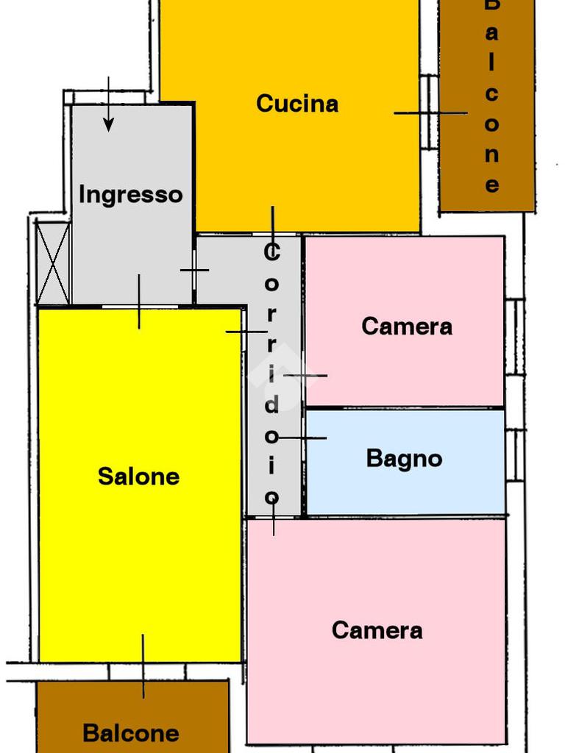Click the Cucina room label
tap(297, 104)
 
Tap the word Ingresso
tap(130, 195)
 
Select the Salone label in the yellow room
tap(138, 477)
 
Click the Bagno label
tap(404, 459)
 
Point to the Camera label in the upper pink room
tap(406, 326)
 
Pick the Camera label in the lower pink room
tap(377, 630)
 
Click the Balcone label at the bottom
tap(130, 733)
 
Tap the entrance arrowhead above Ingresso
tap(108, 125)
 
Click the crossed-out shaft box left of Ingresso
tap(53, 263)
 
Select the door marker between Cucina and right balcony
tap(430, 113)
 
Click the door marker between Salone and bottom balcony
tap(143, 665)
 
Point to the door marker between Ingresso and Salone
tap(139, 302)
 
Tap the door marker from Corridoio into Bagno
tap(302, 438)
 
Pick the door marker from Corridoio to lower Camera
tap(274, 518)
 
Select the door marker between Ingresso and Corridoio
tap(194, 270)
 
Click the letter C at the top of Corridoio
tap(271, 254)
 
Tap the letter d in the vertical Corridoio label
tap(271, 404)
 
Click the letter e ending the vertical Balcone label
tap(491, 185)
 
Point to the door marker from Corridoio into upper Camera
tap(305, 376)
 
